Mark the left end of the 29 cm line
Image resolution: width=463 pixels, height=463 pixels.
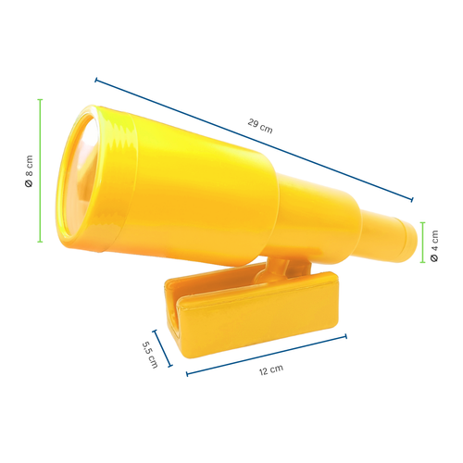pyautogui.click(x=95, y=80)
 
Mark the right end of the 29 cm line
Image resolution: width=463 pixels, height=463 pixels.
pyautogui.click(x=413, y=198)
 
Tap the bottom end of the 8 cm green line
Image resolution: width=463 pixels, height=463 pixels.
pyautogui.click(x=40, y=243)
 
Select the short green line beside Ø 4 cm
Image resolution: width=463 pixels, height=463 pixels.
pyautogui.click(x=422, y=244)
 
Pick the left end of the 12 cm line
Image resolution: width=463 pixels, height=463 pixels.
pyautogui.click(x=188, y=374)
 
